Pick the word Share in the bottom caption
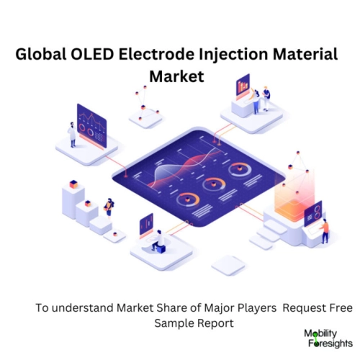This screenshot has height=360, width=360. (150, 307)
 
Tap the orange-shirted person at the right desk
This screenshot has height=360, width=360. (325, 230)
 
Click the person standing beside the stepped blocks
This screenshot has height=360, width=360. (109, 207)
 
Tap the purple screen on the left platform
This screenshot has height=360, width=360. (91, 122)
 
